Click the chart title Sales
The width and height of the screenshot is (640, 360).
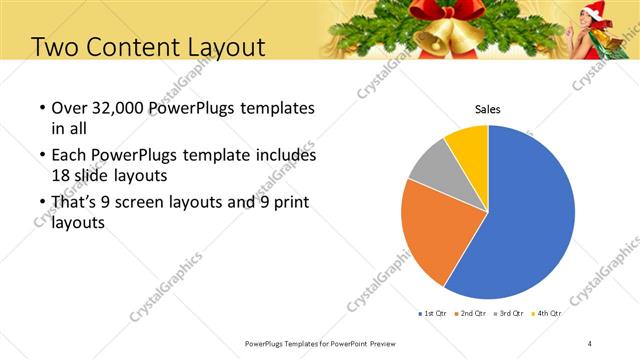487,110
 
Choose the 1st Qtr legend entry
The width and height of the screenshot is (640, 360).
433,313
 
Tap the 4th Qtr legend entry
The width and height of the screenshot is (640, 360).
548,313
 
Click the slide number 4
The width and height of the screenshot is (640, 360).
590,343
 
